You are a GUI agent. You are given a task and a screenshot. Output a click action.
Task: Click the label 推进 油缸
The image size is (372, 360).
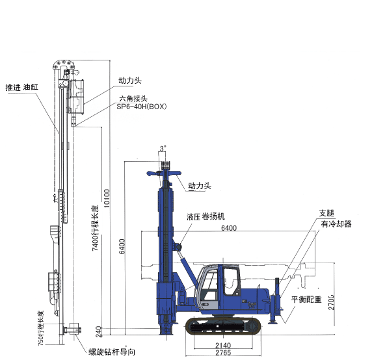pos(22,87)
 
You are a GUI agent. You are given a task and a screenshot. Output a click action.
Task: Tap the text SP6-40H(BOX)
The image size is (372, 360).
pos(142,107)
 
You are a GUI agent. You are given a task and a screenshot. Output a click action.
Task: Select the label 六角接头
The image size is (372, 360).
pos(133,98)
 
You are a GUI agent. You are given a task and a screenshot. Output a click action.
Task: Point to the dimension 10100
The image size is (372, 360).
pos(107,198)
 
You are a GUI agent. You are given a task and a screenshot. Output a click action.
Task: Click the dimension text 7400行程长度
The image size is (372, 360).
pos(95,228)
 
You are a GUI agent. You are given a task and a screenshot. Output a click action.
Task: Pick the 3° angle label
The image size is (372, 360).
pos(163,149)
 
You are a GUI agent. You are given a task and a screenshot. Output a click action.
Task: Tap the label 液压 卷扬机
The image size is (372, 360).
pos(206,216)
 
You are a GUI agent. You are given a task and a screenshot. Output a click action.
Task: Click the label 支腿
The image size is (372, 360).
pos(326,213)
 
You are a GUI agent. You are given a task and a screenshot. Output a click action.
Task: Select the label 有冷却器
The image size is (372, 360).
pos(336,224)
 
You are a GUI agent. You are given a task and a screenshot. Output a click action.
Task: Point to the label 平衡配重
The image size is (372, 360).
pos(306,300)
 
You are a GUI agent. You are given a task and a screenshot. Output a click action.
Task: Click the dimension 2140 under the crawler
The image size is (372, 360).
pos(223,345)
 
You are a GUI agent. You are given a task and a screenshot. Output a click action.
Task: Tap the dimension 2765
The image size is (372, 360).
pos(223,353)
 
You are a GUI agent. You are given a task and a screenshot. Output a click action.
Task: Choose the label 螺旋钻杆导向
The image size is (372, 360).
pos(112,352)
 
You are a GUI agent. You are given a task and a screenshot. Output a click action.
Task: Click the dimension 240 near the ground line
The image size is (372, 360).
pos(99,332)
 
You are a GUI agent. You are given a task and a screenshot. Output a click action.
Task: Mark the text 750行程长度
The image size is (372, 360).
pos(41,328)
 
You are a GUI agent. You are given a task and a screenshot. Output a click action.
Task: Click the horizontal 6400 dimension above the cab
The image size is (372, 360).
pos(229,228)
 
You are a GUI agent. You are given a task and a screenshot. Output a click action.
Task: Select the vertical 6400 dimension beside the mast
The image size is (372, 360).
pos(122,246)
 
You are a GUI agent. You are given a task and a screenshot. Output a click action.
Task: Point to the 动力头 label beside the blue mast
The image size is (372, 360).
pos(200,186)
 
